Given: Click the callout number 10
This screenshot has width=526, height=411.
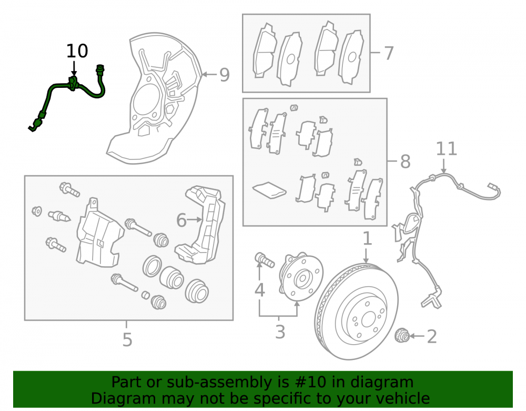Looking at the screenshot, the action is (77, 51).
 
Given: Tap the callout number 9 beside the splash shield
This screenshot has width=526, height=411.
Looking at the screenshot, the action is (225, 75).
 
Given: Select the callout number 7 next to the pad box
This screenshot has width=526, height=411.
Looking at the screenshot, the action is (388, 53).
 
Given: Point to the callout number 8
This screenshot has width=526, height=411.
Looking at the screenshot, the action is (405, 162).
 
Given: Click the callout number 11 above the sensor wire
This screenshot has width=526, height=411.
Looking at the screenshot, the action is (447, 148).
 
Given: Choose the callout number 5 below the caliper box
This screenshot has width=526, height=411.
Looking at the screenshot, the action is (127, 339).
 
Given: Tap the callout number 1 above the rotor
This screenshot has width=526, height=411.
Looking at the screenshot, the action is (368, 238).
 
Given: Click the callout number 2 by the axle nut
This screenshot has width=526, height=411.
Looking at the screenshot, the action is (432, 336).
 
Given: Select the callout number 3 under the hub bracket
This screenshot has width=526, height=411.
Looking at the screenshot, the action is (280, 332).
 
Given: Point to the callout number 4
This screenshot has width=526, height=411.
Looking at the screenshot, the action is (260, 289).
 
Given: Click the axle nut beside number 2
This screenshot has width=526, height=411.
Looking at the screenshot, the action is (402, 336).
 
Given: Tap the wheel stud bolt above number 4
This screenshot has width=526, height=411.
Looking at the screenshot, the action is (265, 259).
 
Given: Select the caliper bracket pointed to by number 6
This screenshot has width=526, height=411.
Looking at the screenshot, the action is (200, 224).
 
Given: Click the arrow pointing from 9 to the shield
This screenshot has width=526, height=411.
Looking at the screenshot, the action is (209, 75).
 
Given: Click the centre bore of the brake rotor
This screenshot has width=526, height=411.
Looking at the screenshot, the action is (368, 319).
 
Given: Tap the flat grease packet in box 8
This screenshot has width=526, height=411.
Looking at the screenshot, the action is (269, 190).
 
